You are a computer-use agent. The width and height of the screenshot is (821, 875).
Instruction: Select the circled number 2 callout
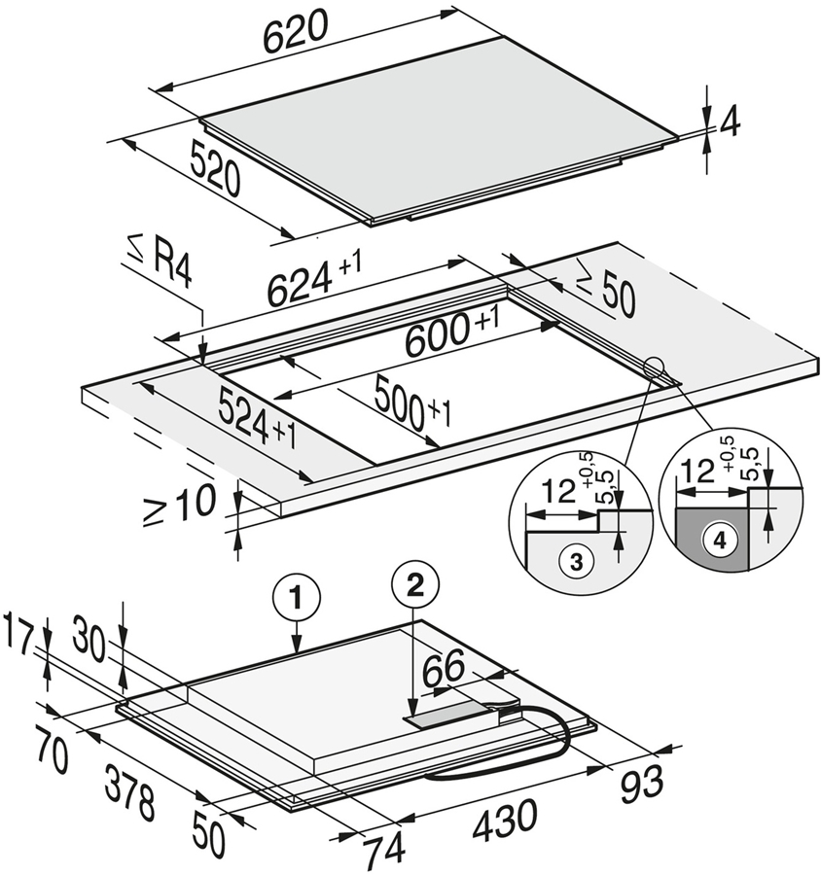click(x=415, y=583)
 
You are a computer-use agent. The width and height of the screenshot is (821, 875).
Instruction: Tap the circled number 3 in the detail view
click(x=576, y=560)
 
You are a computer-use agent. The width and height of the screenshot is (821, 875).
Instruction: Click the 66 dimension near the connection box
click(x=444, y=671)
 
